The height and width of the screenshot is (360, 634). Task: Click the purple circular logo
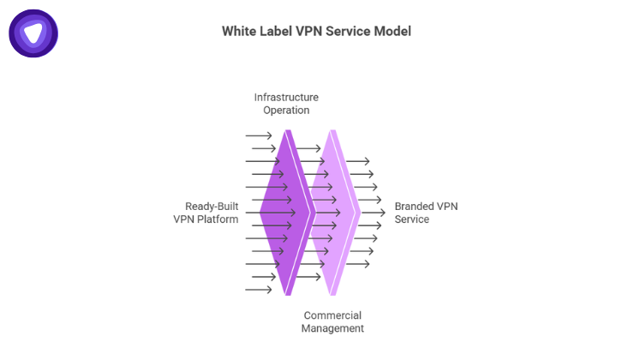click(33, 33)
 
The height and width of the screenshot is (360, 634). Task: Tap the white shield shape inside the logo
click(33, 33)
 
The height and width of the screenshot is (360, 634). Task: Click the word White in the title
click(239, 31)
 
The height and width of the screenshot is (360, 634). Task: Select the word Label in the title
click(278, 31)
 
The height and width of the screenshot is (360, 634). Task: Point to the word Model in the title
click(392, 31)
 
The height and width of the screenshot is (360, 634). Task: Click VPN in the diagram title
click(311, 31)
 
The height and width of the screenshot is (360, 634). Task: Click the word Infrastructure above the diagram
click(286, 98)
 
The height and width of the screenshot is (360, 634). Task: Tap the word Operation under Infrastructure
click(286, 111)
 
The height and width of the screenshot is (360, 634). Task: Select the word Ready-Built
click(212, 207)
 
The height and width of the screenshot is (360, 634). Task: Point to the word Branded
click(415, 207)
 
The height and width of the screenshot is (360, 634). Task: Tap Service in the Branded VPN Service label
click(411, 219)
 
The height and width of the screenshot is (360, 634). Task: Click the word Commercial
click(332, 315)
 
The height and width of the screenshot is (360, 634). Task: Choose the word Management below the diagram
click(332, 328)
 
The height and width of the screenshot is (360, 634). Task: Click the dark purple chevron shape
click(283, 213)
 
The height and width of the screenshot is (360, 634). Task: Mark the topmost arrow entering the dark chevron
click(259, 135)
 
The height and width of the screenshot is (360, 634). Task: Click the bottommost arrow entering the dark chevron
click(259, 290)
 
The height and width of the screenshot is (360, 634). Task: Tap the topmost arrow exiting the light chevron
click(357, 161)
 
